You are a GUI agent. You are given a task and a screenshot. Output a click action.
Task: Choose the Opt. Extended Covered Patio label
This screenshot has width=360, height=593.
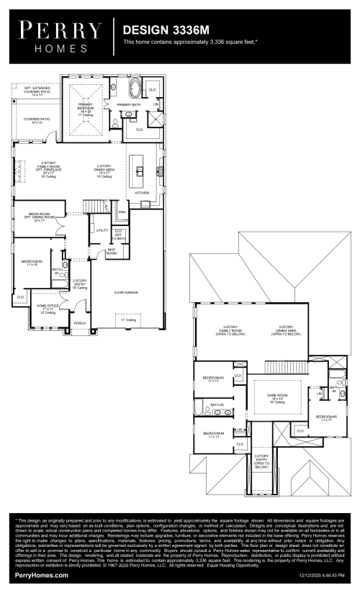coord(37,92)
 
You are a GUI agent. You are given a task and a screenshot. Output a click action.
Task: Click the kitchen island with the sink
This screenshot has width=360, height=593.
coord(141,171)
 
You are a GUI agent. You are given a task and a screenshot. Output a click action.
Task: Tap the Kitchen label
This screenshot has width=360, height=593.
coord(142,193)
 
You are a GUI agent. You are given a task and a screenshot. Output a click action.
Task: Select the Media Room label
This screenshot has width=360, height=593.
coord(39,215)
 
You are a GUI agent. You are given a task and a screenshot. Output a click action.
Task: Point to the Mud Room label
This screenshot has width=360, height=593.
coord(112,253)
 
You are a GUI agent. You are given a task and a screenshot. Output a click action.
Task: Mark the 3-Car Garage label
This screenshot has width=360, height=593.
coord(126,292)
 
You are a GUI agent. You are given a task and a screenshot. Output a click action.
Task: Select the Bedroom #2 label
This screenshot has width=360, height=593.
coord(32,263)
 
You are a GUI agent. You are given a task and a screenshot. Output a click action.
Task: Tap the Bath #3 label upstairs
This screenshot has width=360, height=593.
coord(217,404)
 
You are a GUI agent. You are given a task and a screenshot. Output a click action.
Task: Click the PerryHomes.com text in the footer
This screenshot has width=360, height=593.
coord(41,575)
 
